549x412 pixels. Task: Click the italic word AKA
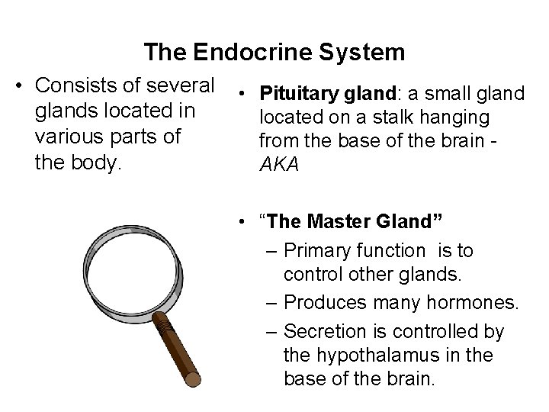coord(278,166)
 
